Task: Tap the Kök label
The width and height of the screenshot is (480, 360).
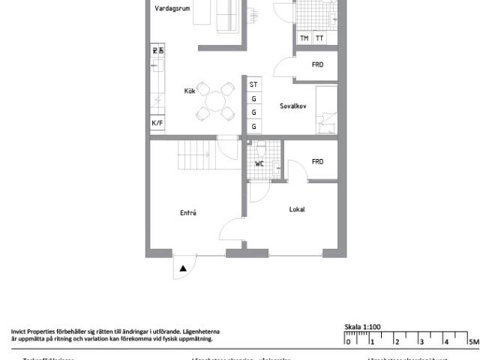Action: pyautogui.click(x=190, y=91)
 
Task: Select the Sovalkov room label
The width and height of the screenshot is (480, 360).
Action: pyautogui.click(x=292, y=106)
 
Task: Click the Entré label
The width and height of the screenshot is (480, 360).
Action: pyautogui.click(x=188, y=213)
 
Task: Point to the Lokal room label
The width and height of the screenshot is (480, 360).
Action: pyautogui.click(x=297, y=209)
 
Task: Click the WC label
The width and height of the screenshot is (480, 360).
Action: pyautogui.click(x=259, y=163)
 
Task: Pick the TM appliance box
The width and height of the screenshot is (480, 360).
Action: pyautogui.click(x=304, y=38)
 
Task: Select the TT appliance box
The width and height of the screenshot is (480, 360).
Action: pyautogui.click(x=319, y=38)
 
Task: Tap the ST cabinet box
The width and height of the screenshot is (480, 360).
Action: pyautogui.click(x=253, y=85)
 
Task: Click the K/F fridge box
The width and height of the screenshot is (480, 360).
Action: pyautogui.click(x=157, y=123)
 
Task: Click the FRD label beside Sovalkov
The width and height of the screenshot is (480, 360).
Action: pyautogui.click(x=317, y=65)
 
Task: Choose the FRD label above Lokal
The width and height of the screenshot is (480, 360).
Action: pyautogui.click(x=317, y=161)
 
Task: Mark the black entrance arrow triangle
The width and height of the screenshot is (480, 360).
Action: pyautogui.click(x=183, y=268)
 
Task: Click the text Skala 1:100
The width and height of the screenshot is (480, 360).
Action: pyautogui.click(x=362, y=327)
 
